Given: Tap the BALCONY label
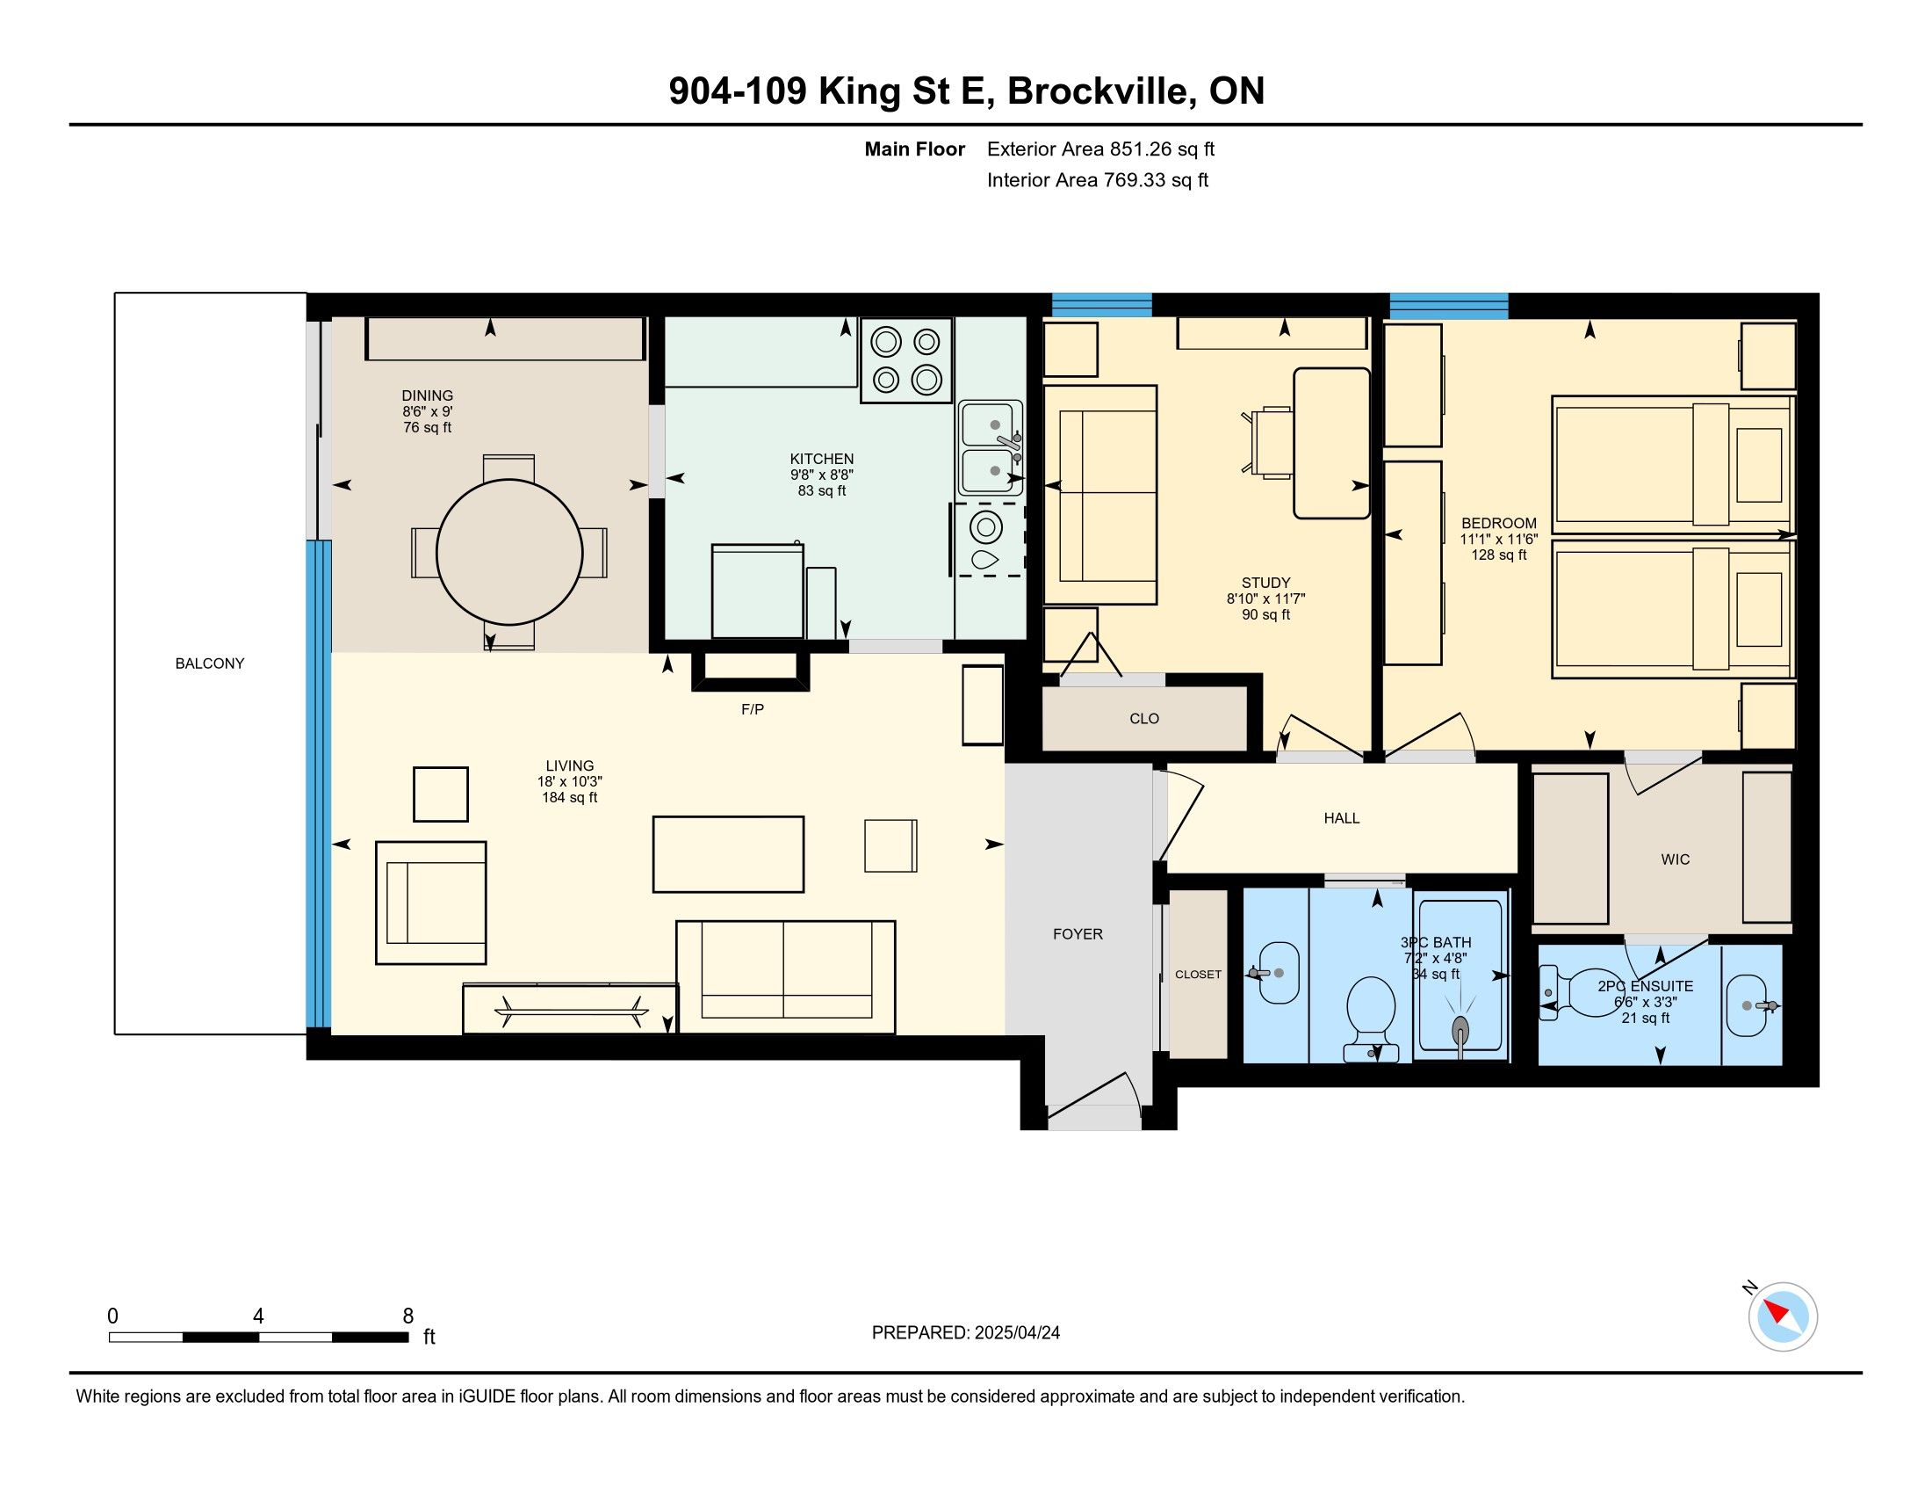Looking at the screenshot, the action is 210,663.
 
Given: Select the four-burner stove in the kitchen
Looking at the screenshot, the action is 907,360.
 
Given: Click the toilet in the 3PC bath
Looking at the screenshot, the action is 1370,1018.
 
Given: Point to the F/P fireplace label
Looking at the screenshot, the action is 752,709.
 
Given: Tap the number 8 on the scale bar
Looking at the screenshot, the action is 407,1316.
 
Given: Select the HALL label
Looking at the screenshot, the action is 1341,818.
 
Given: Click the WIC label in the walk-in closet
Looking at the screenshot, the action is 1675,859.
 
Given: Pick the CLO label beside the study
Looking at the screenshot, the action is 1143,719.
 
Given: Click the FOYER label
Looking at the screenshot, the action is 1078,933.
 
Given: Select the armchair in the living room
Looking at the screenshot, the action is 431,902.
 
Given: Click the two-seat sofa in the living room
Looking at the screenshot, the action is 786,976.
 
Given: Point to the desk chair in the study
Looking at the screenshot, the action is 1269,442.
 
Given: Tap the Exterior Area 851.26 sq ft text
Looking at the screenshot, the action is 1100,149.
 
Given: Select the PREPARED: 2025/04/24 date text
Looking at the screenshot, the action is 965,1332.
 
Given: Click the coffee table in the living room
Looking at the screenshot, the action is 728,854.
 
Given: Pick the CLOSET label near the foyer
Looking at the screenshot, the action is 1198,975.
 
